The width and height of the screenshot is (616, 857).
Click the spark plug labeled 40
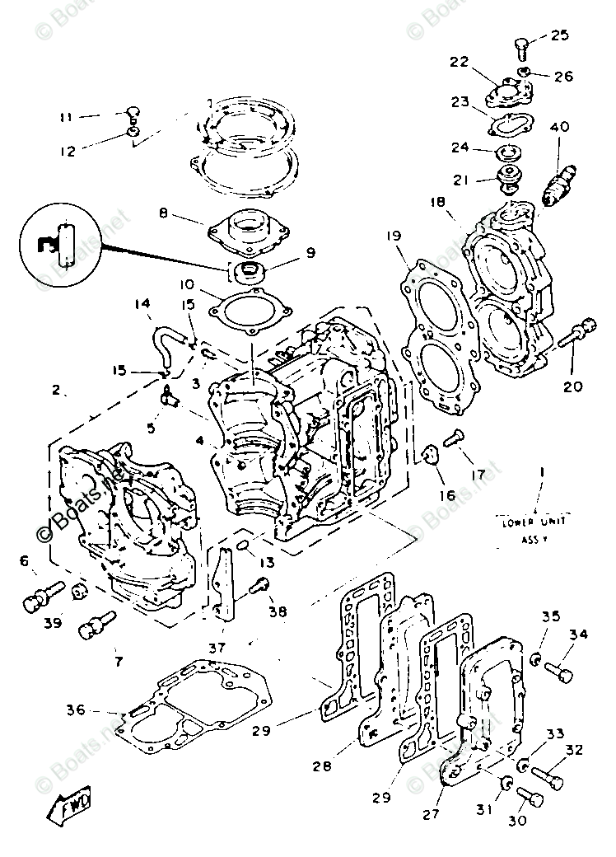click(559, 176)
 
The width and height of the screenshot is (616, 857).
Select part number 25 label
click(559, 35)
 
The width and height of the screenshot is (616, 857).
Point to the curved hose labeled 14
click(166, 346)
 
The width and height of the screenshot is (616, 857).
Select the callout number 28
click(322, 766)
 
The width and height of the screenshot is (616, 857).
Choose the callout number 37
click(217, 648)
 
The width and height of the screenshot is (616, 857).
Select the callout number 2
click(56, 391)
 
